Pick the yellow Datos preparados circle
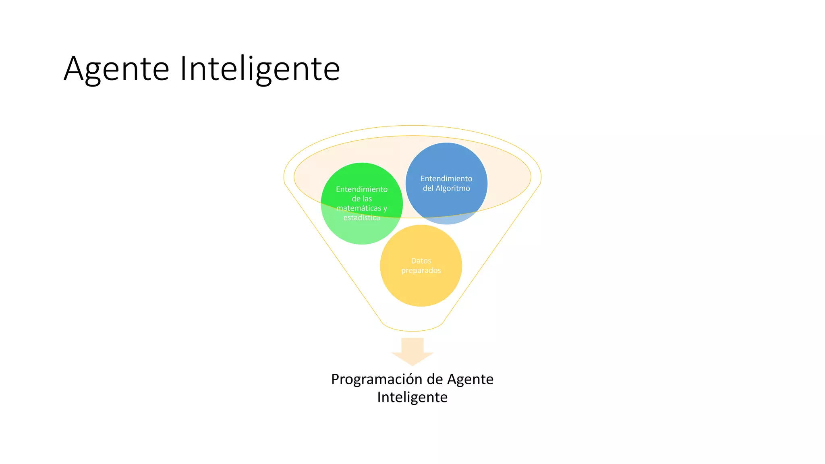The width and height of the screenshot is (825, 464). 421,286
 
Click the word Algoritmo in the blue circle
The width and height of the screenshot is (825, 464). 453,188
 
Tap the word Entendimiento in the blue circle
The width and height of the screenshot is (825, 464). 446,178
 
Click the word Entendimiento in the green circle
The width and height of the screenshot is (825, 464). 362,189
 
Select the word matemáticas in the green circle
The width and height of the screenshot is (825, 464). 359,208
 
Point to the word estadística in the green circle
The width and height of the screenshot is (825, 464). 362,218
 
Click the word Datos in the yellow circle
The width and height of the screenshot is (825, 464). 421,261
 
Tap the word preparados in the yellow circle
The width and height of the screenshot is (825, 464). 421,270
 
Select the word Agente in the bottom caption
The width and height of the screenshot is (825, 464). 470,379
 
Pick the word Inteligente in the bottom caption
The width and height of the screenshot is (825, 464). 412,397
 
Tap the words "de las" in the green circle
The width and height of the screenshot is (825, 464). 362,199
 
